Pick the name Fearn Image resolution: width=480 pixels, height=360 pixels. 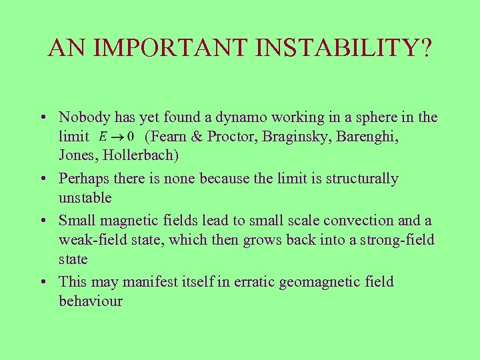coord(169,137)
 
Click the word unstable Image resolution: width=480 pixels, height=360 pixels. coord(85,197)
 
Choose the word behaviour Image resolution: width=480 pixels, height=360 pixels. coord(91,301)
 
